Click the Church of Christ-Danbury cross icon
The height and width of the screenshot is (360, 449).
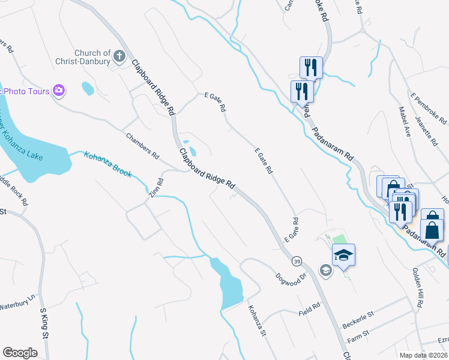click(119, 58)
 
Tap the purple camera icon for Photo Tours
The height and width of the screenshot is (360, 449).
click(59, 91)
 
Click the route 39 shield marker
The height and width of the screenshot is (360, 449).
click(297, 262)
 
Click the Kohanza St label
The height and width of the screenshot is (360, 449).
click(256, 321)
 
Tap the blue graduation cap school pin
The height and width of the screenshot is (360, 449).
click(344, 255)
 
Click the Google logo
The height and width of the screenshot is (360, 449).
click(20, 352)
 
